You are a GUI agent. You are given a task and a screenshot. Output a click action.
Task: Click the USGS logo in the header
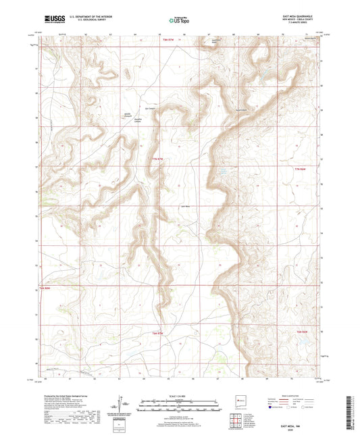(53, 20)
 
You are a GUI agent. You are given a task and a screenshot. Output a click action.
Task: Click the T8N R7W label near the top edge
(153, 41)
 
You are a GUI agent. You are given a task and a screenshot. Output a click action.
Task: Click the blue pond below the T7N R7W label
(222, 174)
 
